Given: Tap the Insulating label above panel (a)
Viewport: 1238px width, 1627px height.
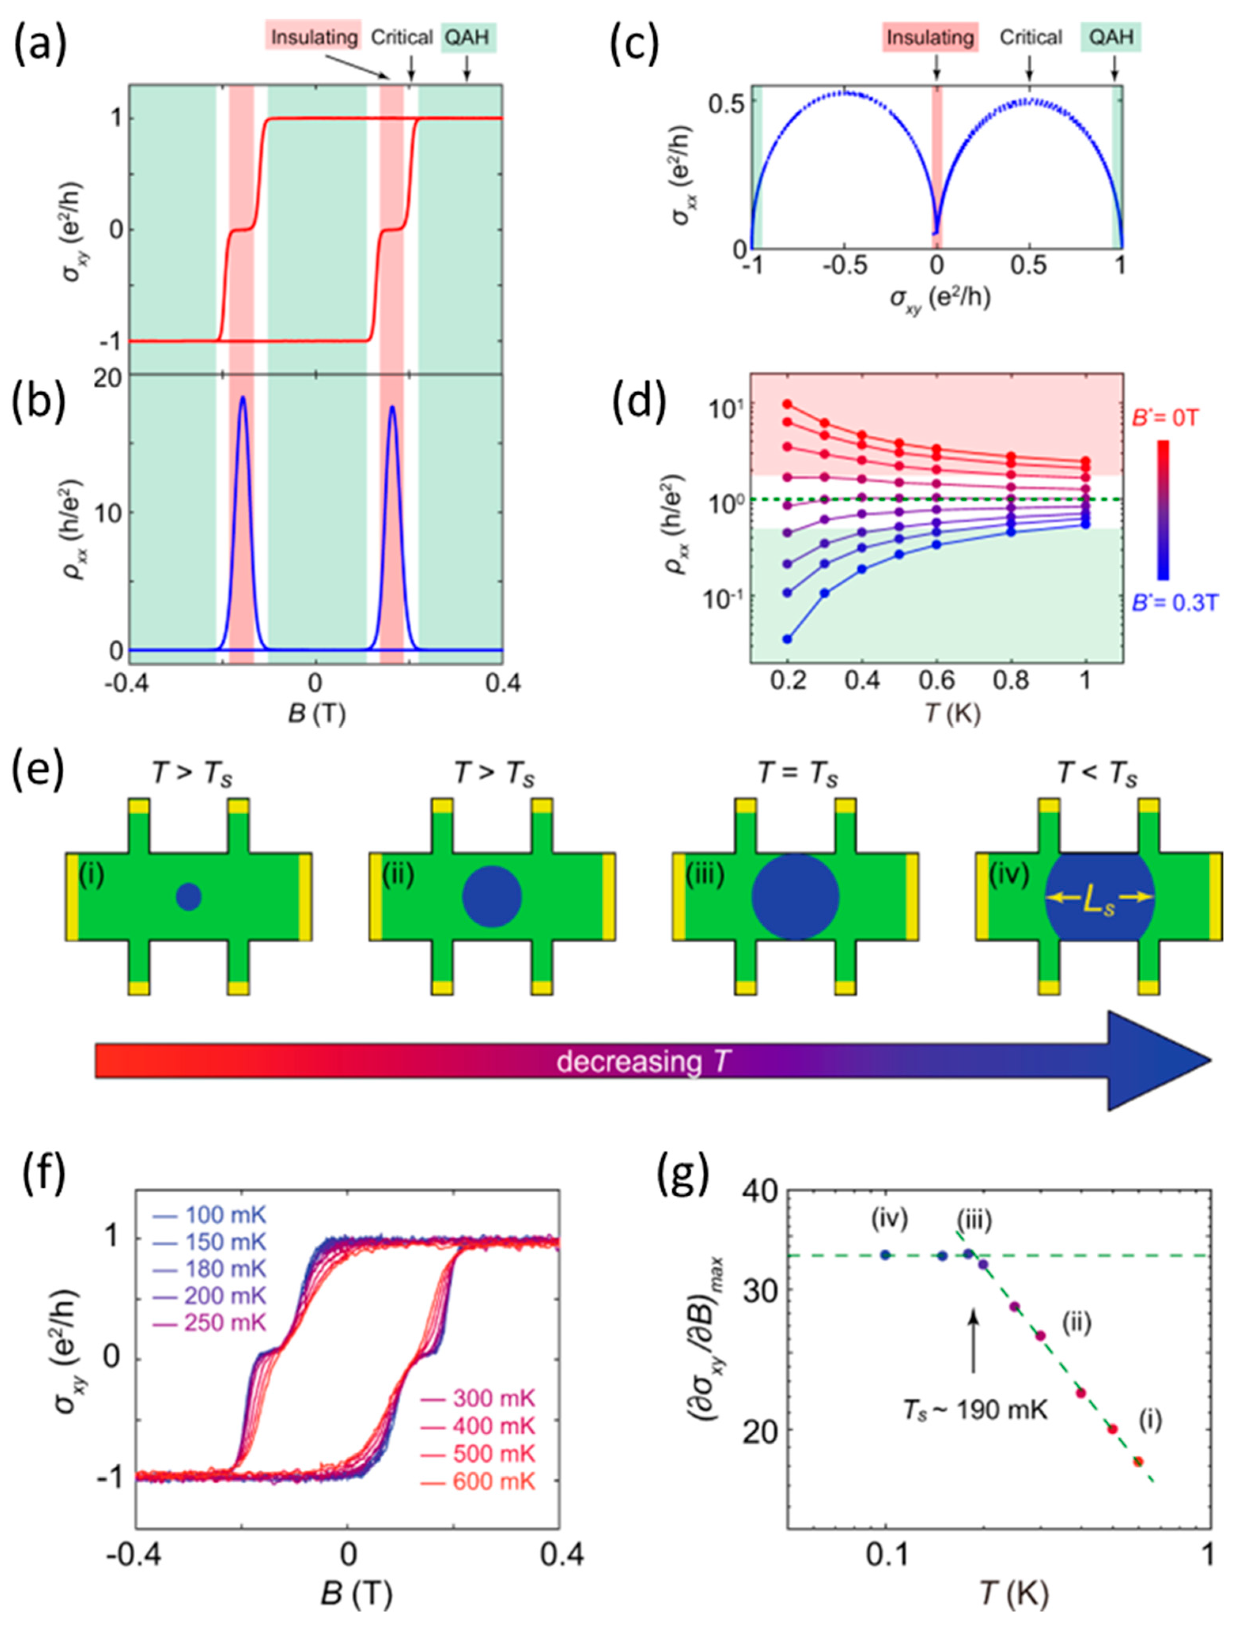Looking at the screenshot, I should click(x=315, y=37).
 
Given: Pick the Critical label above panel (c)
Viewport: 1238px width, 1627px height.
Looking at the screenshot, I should click(x=1030, y=37).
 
